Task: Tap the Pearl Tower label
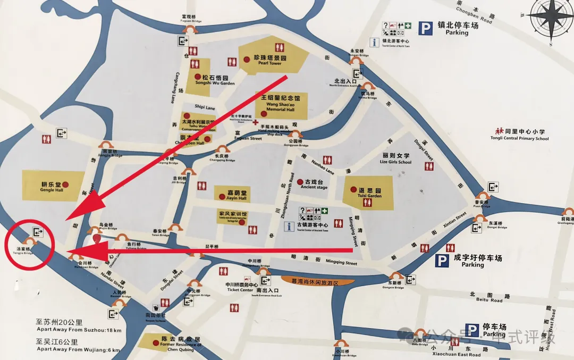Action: (269, 60)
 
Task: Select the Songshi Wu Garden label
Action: (218, 80)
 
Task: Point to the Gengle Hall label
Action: (51, 187)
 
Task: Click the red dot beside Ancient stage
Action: (300, 181)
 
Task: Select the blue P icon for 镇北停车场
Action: (425, 28)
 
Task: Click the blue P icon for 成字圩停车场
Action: (442, 261)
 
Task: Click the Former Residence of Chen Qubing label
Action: (181, 342)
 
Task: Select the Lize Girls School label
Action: (396, 158)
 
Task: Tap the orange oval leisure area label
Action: (317, 281)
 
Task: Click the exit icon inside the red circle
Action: (38, 232)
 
